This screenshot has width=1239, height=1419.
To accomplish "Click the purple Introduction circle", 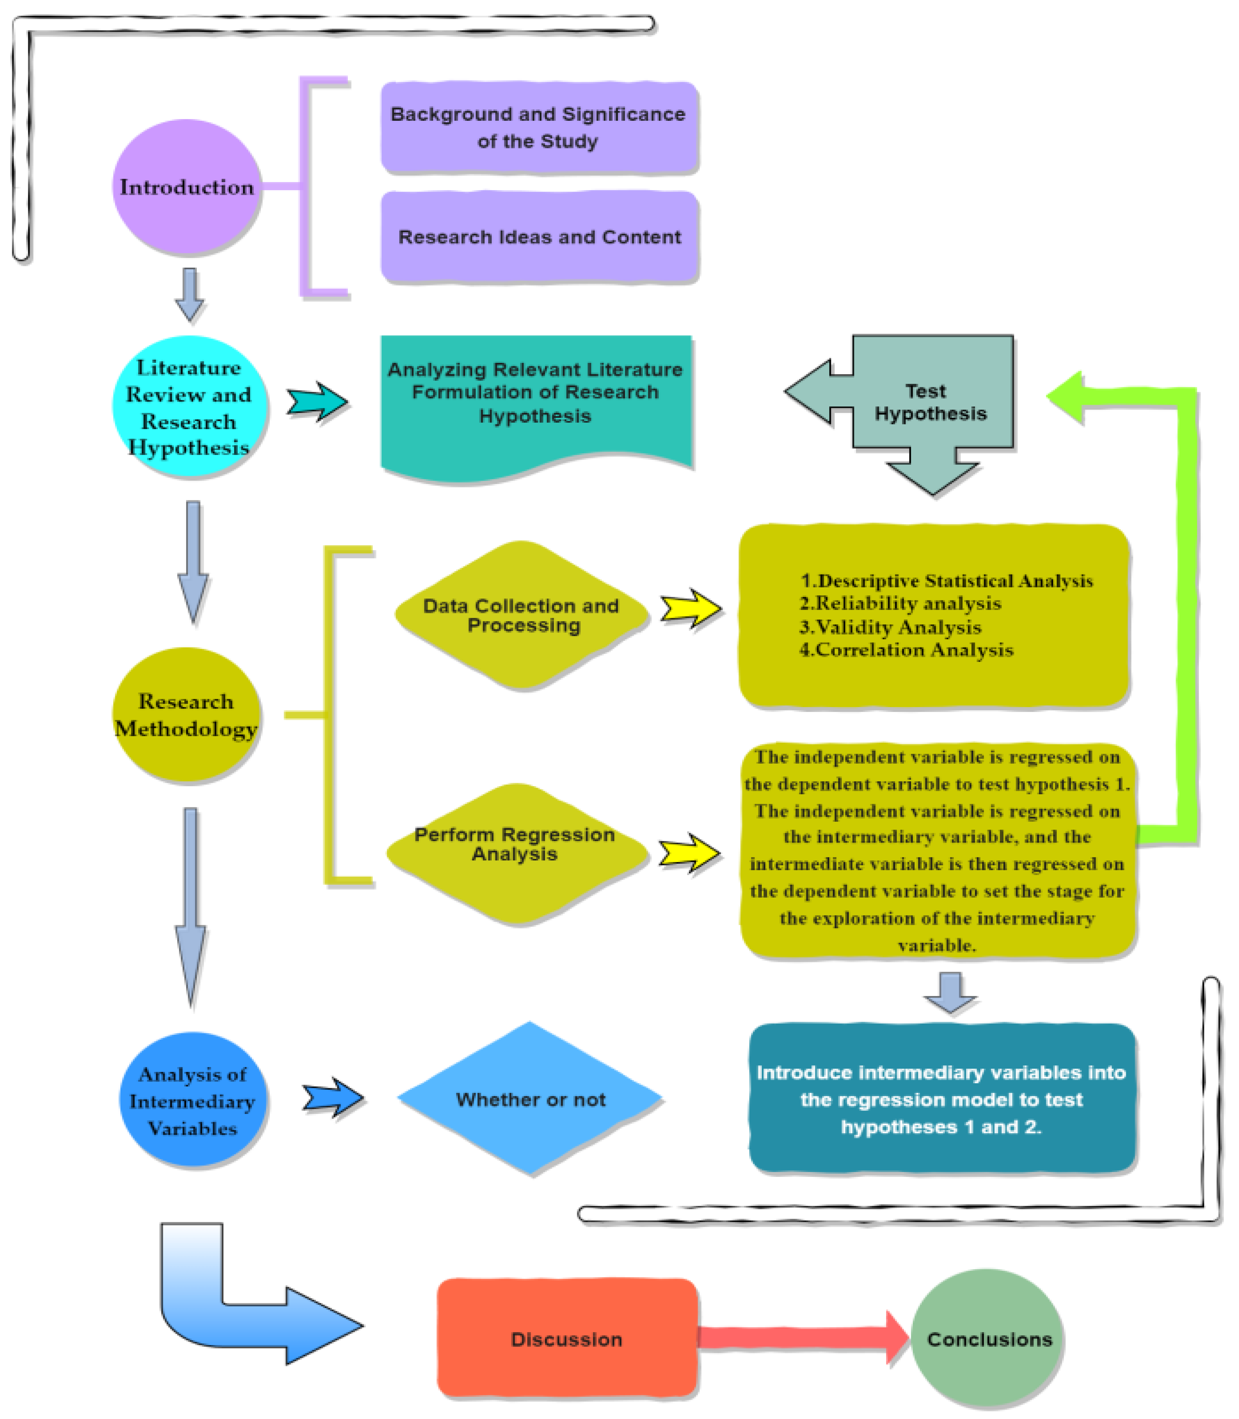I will coord(187,187).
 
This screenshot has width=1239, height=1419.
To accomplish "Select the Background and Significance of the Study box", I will coord(539,127).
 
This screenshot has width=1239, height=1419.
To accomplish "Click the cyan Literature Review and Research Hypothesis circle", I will coord(189,407).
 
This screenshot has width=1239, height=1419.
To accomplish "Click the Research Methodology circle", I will coord(187,714).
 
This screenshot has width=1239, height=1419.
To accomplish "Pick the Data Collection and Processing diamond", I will coord(522,615).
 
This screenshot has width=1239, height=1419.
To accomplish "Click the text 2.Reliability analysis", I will coord(900,604).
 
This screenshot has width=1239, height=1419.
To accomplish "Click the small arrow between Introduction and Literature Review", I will coord(190,294).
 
